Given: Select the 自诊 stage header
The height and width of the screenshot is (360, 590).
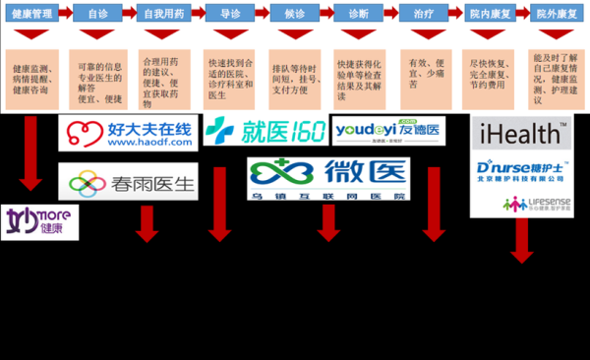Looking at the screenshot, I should pos(98,16).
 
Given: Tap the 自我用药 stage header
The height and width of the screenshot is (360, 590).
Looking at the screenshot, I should pos(163,16).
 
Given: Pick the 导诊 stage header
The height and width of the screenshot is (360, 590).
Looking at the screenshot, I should pos(230,16).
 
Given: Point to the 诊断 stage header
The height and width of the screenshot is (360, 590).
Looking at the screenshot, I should pos(360,16).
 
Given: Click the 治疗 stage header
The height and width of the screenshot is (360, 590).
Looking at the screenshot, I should pos(426,16).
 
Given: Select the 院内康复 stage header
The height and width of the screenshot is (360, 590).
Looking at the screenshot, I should pos(492,16).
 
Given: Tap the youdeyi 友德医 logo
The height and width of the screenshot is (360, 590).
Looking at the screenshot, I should pos(388,130).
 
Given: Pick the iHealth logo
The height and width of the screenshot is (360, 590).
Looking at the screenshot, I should pos(520,132).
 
